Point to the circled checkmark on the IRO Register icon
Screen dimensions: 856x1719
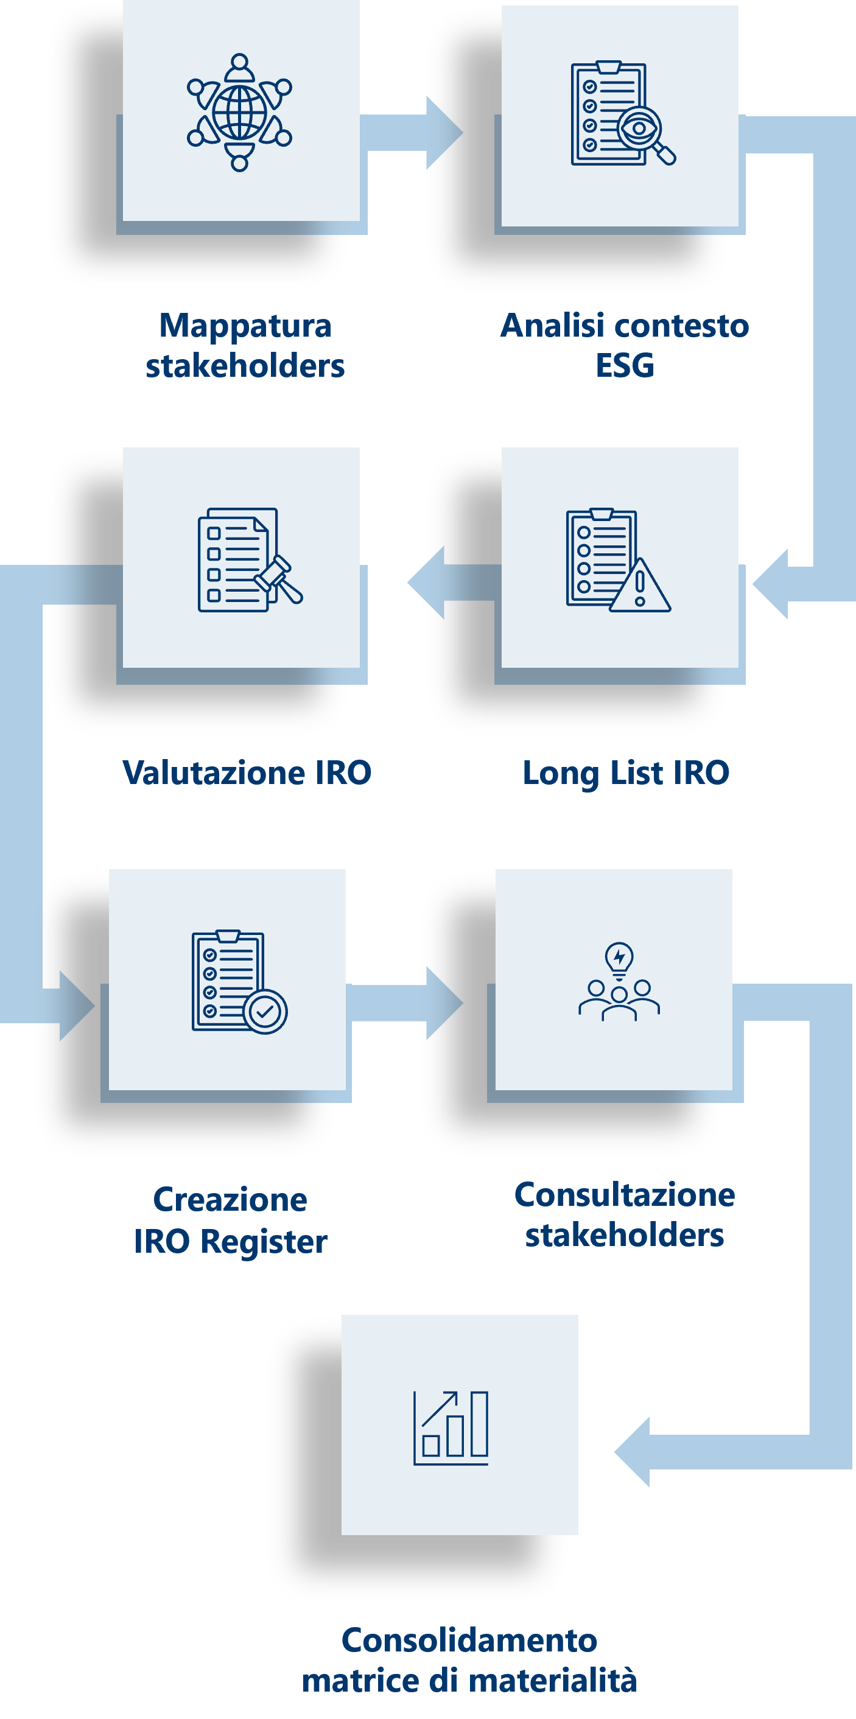click(265, 1012)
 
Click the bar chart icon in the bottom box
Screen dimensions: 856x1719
click(451, 1428)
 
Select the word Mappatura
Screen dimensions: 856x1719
click(245, 326)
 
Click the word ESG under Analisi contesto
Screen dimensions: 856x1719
click(625, 366)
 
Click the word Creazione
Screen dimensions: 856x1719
click(230, 1200)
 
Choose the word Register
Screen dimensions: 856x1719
click(264, 1242)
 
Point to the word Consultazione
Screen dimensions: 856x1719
click(625, 1194)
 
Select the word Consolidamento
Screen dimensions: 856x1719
click(469, 1640)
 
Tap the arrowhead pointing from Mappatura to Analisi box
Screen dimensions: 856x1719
click(444, 132)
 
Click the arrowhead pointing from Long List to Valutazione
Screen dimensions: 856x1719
click(426, 582)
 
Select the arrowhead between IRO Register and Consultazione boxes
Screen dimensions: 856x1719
click(444, 1003)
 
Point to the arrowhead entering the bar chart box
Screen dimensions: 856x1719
click(632, 1451)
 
